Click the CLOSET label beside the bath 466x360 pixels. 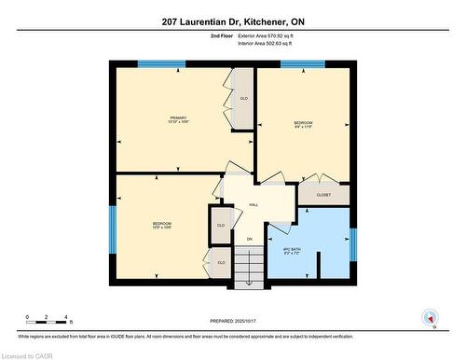323,195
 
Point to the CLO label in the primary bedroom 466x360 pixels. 244,99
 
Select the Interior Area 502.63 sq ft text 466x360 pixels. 265,43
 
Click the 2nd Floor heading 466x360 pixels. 223,35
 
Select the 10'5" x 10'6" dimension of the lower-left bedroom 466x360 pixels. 162,228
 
